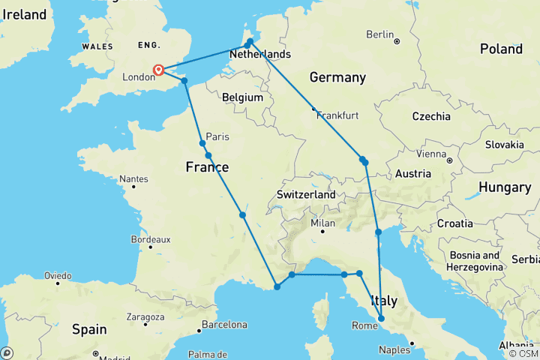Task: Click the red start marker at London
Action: (159, 70)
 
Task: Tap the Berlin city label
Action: (380, 34)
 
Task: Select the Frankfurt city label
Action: (337, 115)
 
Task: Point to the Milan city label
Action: (322, 223)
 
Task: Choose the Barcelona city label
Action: (223, 325)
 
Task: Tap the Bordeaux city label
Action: (151, 240)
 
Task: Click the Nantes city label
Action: (133, 179)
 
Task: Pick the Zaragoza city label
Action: (145, 318)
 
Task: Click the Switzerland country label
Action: (306, 195)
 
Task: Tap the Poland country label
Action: (501, 49)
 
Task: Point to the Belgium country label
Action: (243, 97)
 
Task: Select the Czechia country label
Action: (430, 116)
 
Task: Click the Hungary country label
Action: (505, 187)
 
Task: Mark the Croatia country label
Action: (455, 223)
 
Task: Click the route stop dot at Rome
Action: (382, 319)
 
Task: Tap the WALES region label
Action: (97, 46)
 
